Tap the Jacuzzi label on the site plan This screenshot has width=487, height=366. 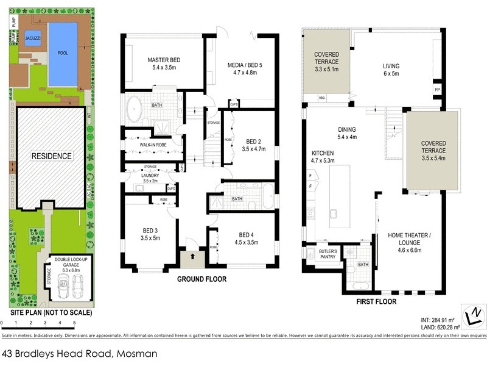pos(33,38)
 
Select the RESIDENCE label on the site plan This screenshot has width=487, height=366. pos(52,156)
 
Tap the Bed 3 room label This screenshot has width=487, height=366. pos(150,234)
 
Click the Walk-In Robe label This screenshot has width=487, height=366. pos(152,145)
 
